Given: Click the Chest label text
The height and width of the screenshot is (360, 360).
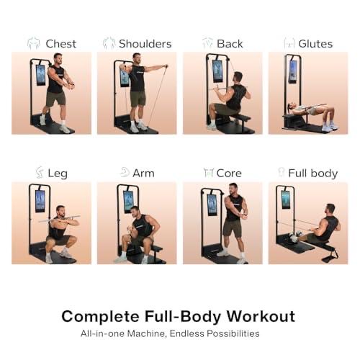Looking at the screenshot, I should coord(60,43).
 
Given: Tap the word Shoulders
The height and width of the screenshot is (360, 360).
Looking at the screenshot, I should coord(145,43).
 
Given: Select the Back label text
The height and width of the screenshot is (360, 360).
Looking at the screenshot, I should coord(230,43).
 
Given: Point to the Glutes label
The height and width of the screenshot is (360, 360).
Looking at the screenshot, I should coord(315,43).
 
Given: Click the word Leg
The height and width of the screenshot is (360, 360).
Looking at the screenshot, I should coord(58,173).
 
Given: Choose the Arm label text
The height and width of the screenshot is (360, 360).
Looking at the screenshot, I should coord(143,173).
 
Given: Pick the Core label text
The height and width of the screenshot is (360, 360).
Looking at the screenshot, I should coord(229,173).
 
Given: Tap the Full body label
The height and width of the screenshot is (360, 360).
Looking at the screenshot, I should coord(312,173).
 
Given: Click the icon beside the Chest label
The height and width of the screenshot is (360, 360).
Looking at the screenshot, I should coord(33,43).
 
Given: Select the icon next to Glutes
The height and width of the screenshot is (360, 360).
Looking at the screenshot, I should coord(289,43).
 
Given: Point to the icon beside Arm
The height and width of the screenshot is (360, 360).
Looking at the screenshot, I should coord(125,173).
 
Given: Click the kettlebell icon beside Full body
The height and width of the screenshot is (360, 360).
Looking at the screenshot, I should coord(282,173).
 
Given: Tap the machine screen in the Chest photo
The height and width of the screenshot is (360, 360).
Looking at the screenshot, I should coord(40,74).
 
